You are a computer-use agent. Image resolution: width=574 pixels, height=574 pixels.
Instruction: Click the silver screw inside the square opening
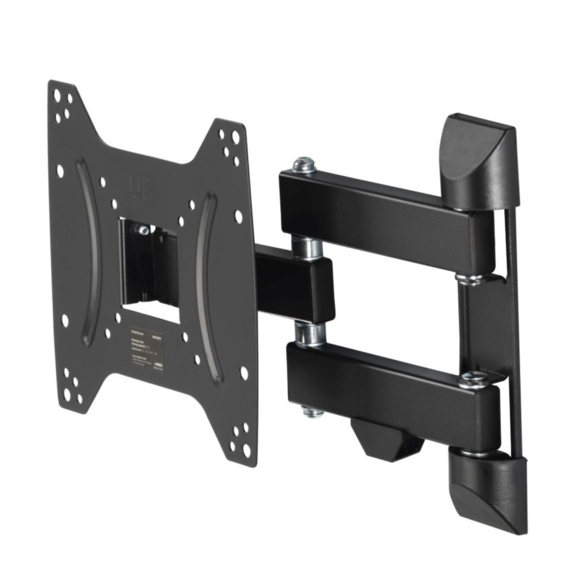[x=143, y=229]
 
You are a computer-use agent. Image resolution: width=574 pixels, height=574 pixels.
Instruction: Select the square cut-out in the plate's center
[x=148, y=266]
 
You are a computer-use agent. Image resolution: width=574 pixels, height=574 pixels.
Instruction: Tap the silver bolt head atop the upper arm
[x=303, y=164]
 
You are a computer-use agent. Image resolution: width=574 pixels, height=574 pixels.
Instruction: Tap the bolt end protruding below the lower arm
[x=312, y=411]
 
